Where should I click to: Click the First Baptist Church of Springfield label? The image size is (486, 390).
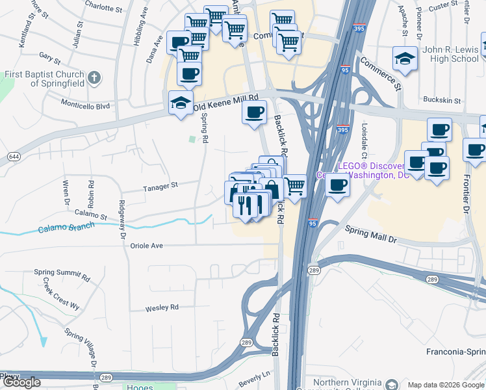click(x=42, y=79)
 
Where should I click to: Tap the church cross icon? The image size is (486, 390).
click(x=94, y=79)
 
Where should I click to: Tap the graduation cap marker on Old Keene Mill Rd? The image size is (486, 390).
click(x=181, y=102)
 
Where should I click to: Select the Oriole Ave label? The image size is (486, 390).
click(x=147, y=246)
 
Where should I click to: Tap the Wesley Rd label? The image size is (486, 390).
click(x=162, y=307)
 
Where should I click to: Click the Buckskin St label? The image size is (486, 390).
click(x=441, y=101)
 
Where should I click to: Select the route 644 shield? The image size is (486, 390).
click(x=13, y=157)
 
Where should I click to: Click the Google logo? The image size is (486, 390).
click(x=21, y=382)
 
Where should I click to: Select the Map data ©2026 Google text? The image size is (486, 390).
click(x=445, y=385)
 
